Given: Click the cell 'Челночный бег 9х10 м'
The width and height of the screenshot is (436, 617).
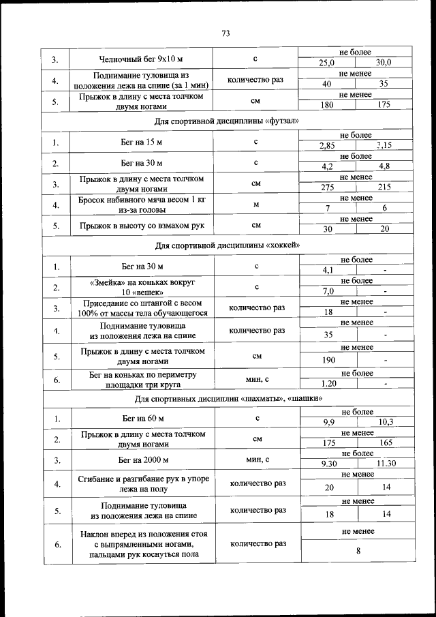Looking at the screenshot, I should point(142,59).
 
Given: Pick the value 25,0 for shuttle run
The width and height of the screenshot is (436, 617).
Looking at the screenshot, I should point(328,63).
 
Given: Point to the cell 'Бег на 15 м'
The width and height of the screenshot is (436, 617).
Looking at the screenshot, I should point(142,142).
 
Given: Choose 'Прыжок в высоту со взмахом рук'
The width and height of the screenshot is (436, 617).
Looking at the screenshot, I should point(142,225).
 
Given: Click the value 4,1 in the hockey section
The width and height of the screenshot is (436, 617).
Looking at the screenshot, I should point(328,270).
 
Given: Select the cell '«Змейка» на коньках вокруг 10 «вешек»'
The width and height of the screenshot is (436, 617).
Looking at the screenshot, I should point(142,286).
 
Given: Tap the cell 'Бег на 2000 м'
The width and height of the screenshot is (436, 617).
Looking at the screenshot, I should point(142,460).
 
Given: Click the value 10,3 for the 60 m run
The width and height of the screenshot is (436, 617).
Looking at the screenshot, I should point(386,422).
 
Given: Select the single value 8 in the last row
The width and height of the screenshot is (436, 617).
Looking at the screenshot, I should point(357,552).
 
